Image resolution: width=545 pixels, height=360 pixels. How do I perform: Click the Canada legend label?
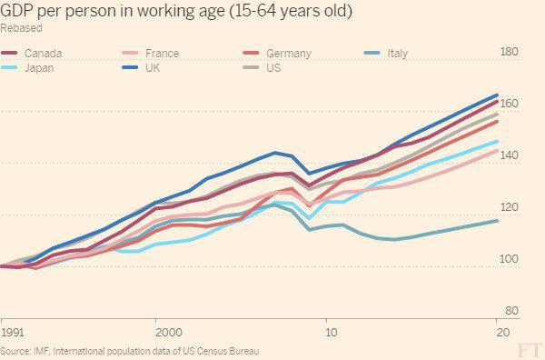click(43, 54)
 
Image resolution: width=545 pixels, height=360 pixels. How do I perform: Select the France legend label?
click(162, 54)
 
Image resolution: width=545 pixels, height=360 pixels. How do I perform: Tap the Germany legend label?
click(289, 54)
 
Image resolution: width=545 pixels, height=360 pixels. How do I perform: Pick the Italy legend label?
click(397, 54)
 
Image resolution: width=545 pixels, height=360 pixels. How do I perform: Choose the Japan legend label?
click(39, 68)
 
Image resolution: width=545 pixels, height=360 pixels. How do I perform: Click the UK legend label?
click(153, 67)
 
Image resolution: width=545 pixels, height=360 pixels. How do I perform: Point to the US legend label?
click(273, 67)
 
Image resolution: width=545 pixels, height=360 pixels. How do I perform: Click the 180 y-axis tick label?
click(510, 52)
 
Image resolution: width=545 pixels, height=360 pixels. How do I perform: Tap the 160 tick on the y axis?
click(510, 104)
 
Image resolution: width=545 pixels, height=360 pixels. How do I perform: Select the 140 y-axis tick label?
click(510, 155)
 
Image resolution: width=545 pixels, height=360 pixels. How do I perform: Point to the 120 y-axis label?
click(510, 207)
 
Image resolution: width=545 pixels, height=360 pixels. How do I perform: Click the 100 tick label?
click(510, 259)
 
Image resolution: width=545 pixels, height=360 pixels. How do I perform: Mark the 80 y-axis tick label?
click(511, 311)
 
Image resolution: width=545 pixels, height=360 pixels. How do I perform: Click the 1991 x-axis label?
click(13, 333)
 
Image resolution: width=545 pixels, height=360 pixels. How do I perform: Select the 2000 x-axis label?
click(169, 333)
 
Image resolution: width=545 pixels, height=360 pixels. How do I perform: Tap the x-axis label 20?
click(503, 333)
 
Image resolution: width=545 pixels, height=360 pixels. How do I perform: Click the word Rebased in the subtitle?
click(21, 28)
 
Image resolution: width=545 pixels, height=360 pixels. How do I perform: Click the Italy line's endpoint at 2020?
click(497, 221)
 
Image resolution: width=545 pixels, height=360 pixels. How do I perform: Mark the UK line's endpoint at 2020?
click(497, 95)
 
